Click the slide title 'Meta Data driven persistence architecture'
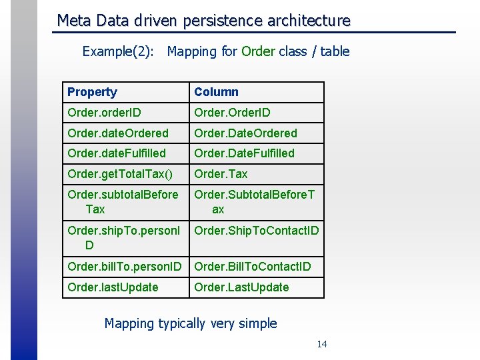click(203, 21)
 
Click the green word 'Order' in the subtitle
click(258, 51)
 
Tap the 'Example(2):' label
click(117, 51)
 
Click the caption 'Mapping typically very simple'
click(191, 324)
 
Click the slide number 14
click(322, 344)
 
